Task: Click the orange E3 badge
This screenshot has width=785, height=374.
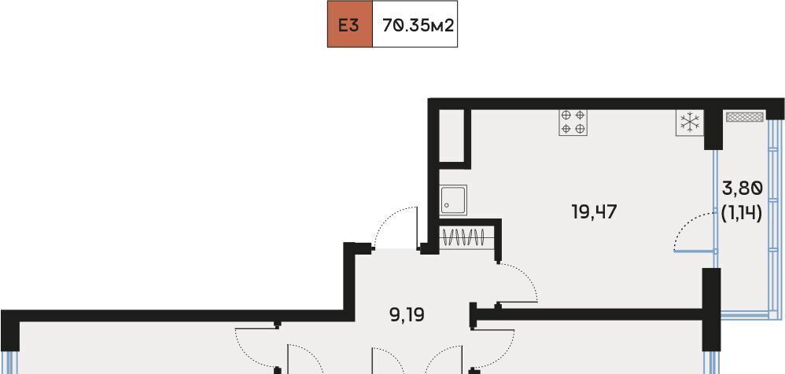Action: (350, 24)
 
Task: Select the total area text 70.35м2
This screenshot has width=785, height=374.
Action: (418, 25)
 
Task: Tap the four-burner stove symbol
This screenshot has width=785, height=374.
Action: (573, 122)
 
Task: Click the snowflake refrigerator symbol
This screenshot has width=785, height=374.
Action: (690, 123)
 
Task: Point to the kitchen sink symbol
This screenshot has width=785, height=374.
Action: (454, 200)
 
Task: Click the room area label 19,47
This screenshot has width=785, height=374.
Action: (594, 212)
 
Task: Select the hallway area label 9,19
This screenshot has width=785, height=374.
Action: (407, 316)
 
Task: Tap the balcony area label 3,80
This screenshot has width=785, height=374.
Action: (743, 189)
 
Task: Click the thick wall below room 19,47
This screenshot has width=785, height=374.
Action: (590, 314)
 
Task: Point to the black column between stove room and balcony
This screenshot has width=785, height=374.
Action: (713, 130)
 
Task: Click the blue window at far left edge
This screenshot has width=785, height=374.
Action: (9, 362)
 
